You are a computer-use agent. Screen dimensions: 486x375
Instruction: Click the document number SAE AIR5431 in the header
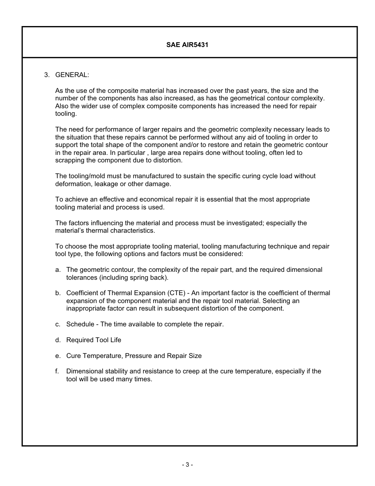pos(187,45)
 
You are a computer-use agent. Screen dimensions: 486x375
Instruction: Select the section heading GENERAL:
pos(72,75)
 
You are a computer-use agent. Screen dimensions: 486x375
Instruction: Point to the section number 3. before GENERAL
pos(47,75)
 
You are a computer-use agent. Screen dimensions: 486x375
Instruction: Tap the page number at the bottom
pos(187,465)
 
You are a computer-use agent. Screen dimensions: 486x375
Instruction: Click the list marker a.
pos(58,270)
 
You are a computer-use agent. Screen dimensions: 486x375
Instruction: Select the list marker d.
pos(58,340)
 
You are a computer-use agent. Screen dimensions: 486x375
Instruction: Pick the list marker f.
pos(57,371)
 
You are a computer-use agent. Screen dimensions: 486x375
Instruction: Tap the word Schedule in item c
pos(80,324)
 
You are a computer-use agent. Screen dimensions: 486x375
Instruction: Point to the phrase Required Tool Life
pos(94,340)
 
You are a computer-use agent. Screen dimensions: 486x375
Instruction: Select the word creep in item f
pos(191,371)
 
